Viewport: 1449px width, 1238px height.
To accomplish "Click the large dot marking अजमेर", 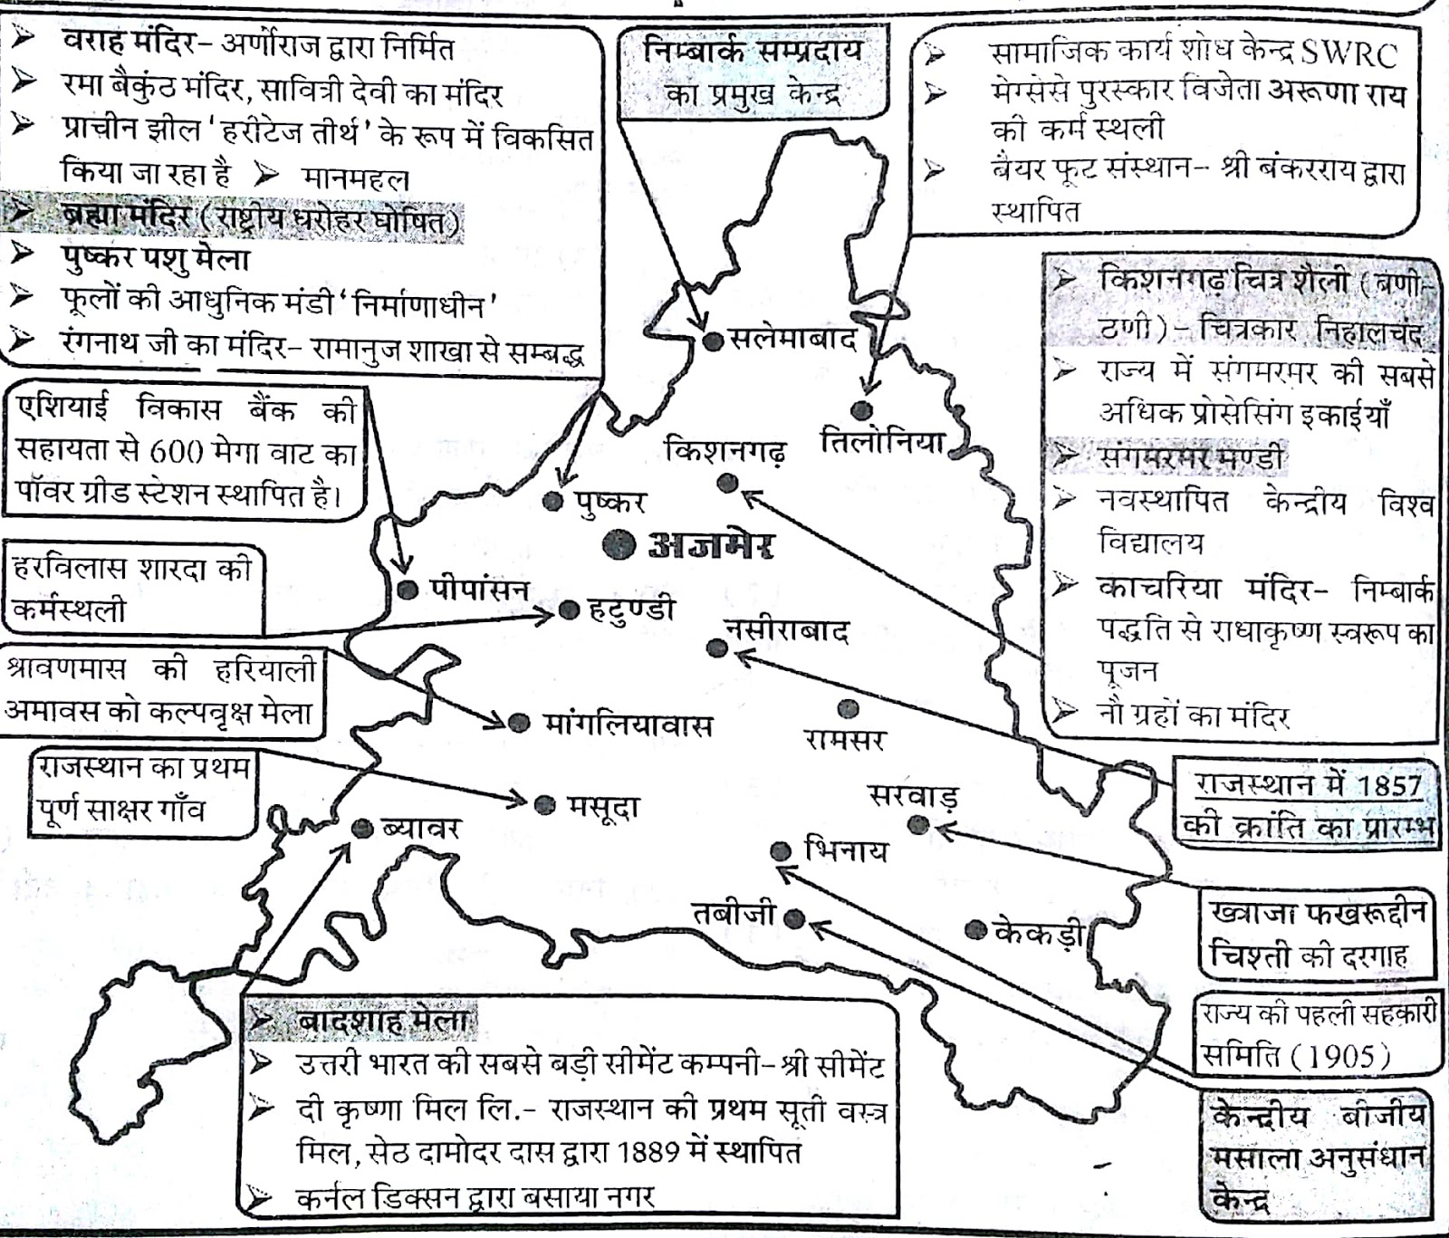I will pyautogui.click(x=619, y=544).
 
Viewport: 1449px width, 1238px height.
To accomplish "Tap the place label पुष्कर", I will pyautogui.click(x=609, y=502).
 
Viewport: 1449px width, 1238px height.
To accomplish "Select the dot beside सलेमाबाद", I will pyautogui.click(x=714, y=341).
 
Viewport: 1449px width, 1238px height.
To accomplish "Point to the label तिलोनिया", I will pyautogui.click(x=883, y=442).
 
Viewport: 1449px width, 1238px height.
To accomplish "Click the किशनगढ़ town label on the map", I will pyautogui.click(x=725, y=450).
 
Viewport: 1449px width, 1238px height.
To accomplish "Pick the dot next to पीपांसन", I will pyautogui.click(x=408, y=590).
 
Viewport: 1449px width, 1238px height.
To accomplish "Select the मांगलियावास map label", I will pyautogui.click(x=629, y=725).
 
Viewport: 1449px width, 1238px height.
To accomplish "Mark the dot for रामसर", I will pyautogui.click(x=848, y=708).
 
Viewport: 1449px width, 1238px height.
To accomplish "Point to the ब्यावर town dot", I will pyautogui.click(x=362, y=828).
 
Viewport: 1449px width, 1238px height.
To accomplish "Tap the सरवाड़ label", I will pyautogui.click(x=913, y=796).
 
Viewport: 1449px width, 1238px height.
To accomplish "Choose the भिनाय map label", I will pyautogui.click(x=846, y=850).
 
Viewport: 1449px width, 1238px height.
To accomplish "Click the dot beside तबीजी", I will pyautogui.click(x=794, y=919).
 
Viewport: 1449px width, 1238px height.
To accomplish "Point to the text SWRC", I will pyautogui.click(x=1348, y=54).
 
